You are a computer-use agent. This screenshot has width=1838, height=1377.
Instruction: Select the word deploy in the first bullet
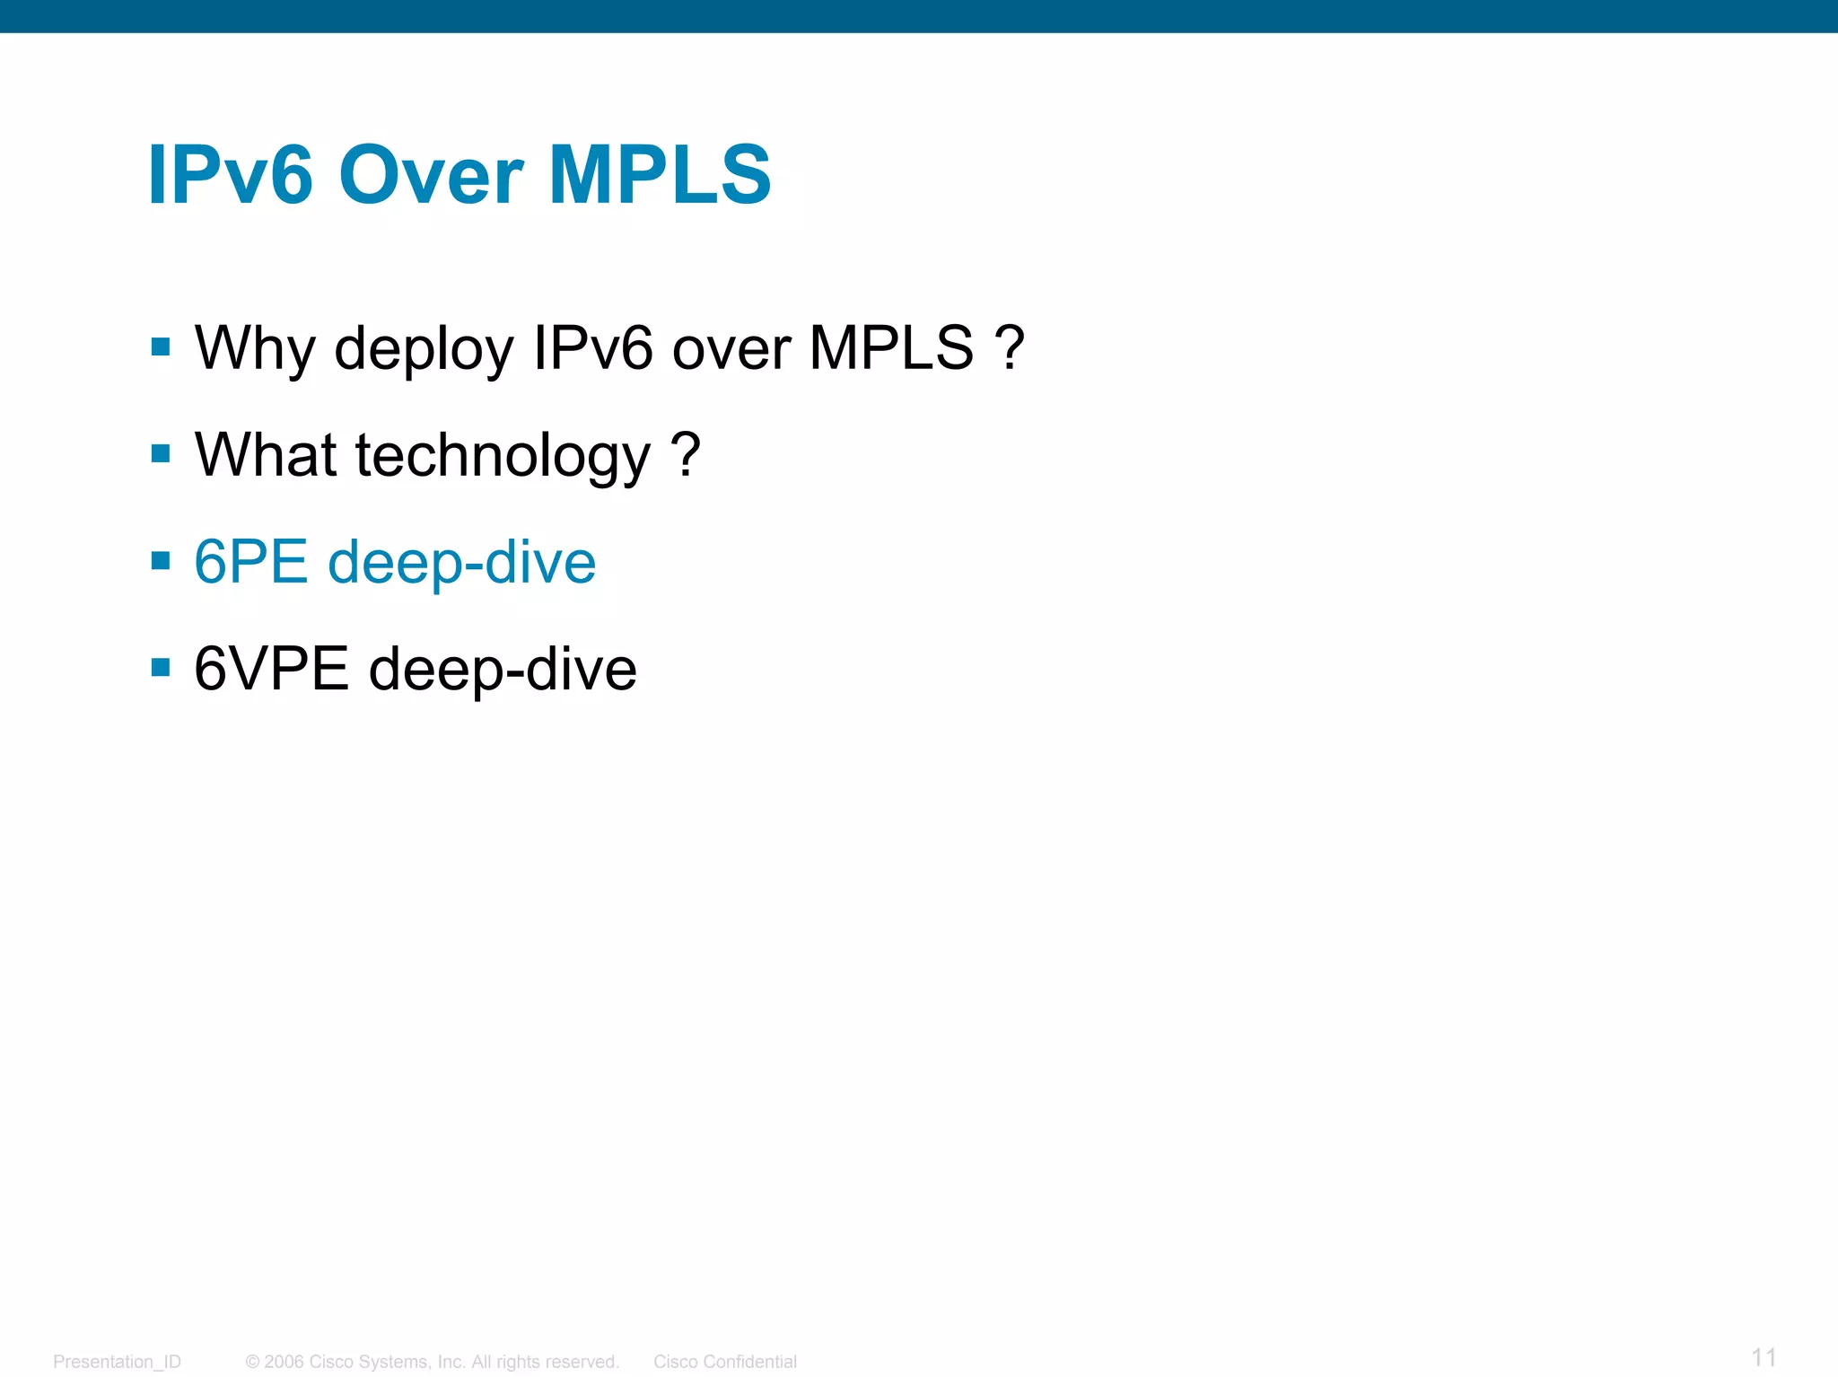pyautogui.click(x=424, y=348)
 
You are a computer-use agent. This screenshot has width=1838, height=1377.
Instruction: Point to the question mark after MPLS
pyautogui.click(x=1010, y=348)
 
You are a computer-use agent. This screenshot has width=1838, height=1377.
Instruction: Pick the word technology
pyautogui.click(x=503, y=455)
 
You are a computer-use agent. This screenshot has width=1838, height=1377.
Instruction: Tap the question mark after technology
pyautogui.click(x=686, y=455)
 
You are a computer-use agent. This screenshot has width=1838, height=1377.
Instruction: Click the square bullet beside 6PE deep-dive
pyautogui.click(x=161, y=562)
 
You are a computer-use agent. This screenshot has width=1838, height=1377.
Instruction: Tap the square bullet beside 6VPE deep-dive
pyautogui.click(x=161, y=668)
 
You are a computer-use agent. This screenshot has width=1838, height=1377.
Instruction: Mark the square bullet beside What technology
pyautogui.click(x=161, y=454)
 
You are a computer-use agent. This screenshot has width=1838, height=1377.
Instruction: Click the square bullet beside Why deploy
pyautogui.click(x=161, y=347)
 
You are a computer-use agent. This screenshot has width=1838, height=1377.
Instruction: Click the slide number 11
pyautogui.click(x=1764, y=1357)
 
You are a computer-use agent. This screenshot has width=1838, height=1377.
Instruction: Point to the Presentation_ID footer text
pyautogui.click(x=117, y=1362)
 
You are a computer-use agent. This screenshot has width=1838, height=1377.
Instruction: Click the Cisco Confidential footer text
pyautogui.click(x=725, y=1362)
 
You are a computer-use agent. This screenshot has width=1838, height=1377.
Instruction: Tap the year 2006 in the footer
pyautogui.click(x=284, y=1362)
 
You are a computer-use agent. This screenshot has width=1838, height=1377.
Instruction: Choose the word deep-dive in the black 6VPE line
pyautogui.click(x=503, y=670)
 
